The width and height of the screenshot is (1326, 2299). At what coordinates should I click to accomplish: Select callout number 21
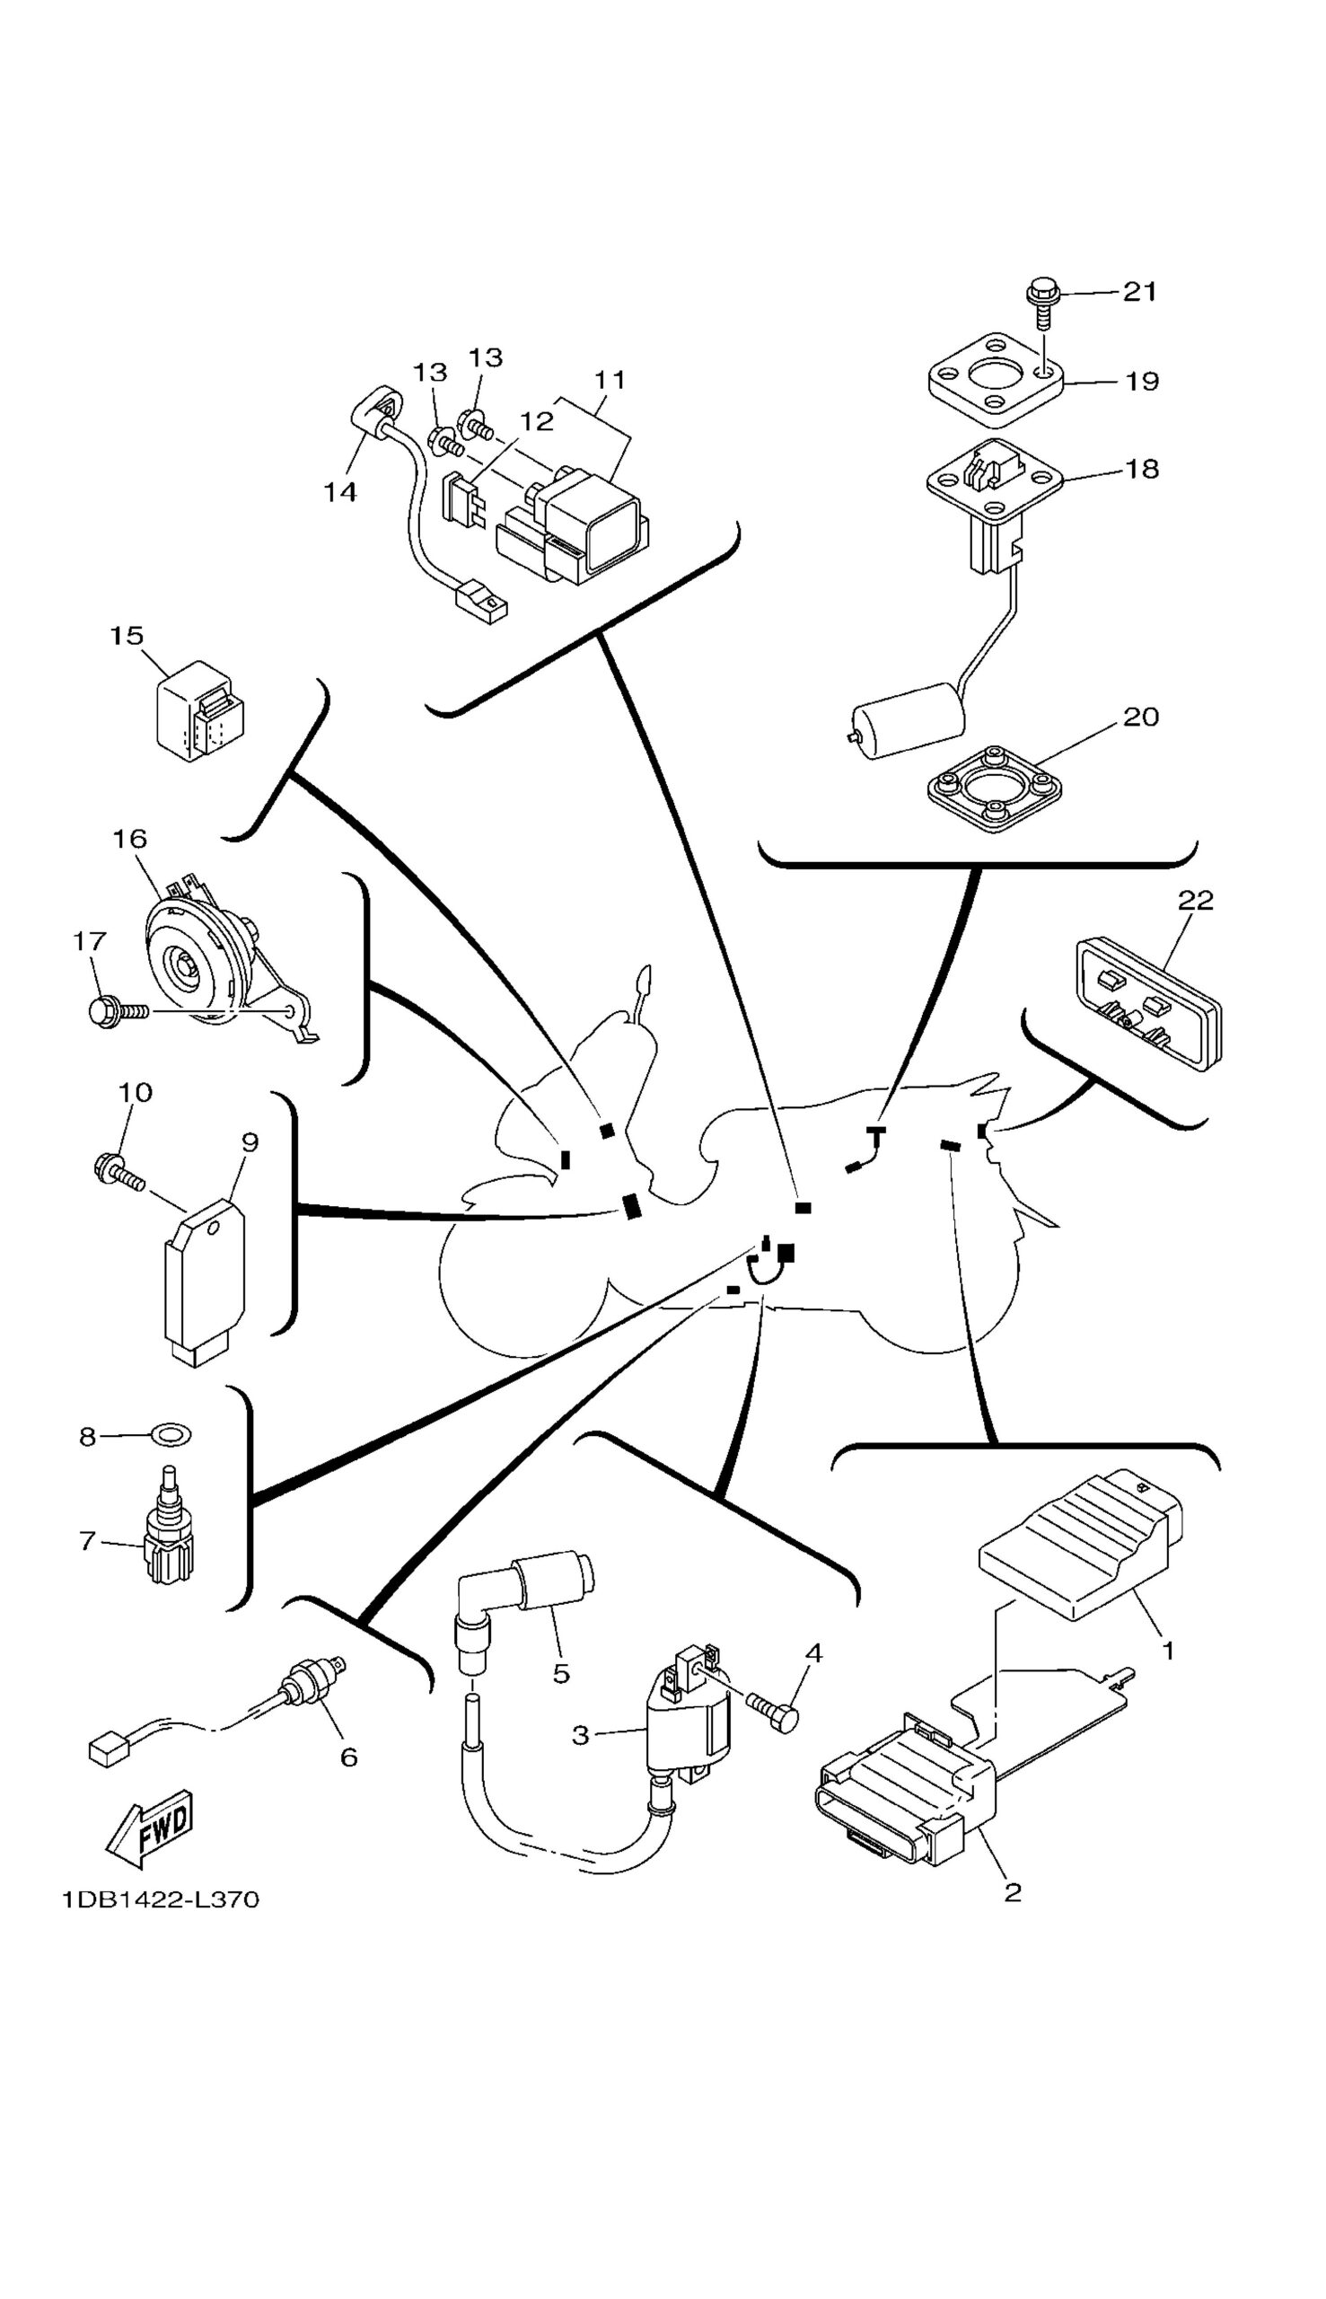pos(1138,292)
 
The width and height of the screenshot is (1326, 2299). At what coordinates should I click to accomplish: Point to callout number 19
pos(1142,381)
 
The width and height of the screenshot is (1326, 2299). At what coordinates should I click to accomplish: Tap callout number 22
pos(1196,900)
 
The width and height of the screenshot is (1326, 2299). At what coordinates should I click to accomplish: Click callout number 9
pos(250,1141)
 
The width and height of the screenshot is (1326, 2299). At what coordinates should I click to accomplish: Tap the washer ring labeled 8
pos(170,1435)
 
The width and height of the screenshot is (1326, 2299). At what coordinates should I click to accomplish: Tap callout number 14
pos(340,493)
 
